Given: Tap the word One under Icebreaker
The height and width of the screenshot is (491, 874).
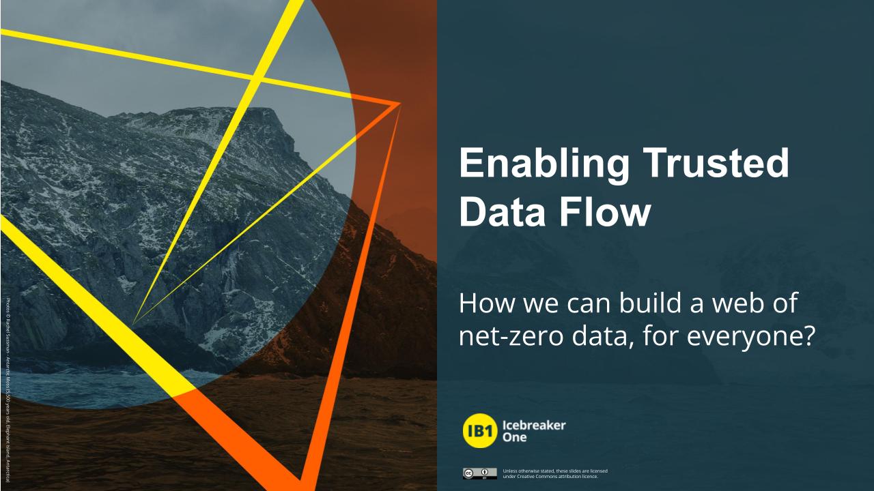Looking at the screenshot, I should tap(513, 438).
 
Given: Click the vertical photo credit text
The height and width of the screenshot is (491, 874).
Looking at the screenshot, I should tap(7, 382).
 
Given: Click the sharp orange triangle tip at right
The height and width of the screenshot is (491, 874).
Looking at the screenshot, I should tap(398, 104).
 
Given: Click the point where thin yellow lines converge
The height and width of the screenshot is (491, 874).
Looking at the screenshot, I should tap(134, 323).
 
